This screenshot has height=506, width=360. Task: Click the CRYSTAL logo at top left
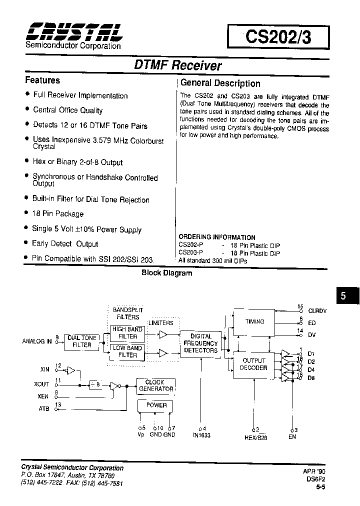tap(73, 32)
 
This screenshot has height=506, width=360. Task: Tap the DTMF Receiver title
tap(178, 65)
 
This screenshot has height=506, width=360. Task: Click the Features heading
tap(42, 80)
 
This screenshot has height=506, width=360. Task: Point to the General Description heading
tap(220, 83)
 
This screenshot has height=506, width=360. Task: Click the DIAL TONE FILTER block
tap(82, 341)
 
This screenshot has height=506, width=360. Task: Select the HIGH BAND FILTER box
tap(127, 333)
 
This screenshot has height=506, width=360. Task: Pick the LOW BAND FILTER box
tap(127, 351)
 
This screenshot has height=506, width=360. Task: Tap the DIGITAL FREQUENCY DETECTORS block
tap(200, 343)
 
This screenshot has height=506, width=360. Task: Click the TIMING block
tap(254, 321)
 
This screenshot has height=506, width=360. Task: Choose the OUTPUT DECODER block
tap(254, 364)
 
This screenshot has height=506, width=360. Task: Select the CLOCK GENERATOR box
tap(155, 385)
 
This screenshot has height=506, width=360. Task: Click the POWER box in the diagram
tap(156, 405)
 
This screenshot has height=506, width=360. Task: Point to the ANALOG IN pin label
tap(37, 341)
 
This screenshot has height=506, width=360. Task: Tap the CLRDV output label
tap(317, 311)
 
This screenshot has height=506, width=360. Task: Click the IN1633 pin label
tap(201, 435)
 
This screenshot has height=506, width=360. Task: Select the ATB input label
tap(44, 409)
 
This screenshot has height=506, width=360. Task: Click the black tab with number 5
tap(343, 296)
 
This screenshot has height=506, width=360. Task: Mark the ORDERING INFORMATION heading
tap(217, 237)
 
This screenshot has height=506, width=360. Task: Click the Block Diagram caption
tap(166, 273)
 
